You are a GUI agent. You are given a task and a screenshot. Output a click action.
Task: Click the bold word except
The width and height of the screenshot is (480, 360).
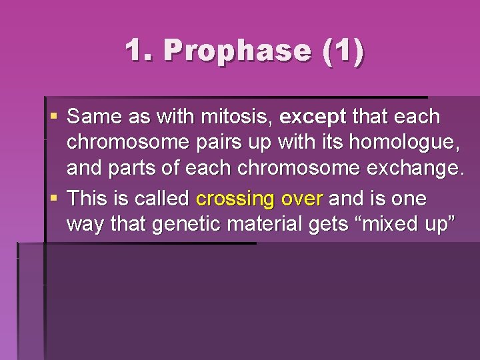click(x=313, y=117)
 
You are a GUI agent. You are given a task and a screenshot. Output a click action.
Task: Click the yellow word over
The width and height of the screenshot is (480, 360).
click(x=303, y=199)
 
